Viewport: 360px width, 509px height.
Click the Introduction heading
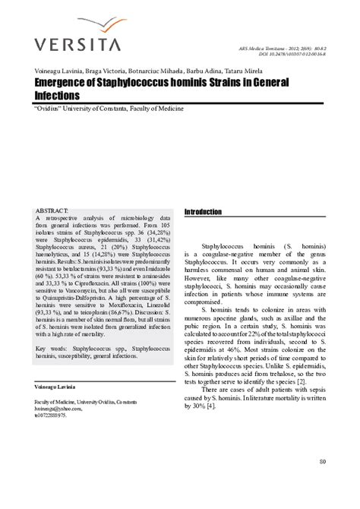[204, 212]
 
